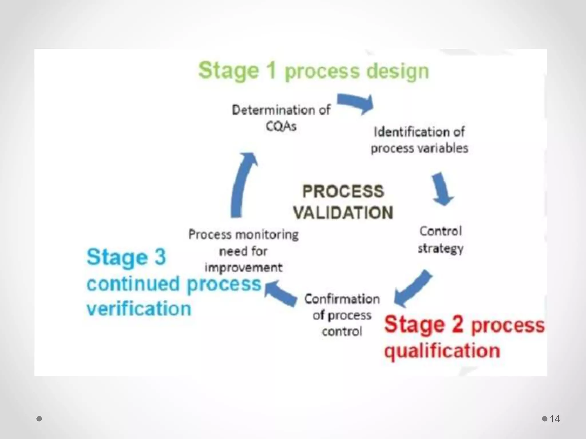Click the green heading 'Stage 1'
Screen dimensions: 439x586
[237, 70]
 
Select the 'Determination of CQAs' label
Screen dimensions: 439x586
[281, 118]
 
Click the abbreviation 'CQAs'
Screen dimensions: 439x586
[281, 126]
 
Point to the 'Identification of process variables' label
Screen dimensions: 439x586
[419, 140]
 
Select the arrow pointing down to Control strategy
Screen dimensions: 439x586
[442, 189]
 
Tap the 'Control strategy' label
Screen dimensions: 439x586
[441, 240]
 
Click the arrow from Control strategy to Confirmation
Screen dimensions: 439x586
[412, 289]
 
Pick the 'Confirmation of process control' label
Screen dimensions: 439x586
[342, 315]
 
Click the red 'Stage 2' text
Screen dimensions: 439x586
[424, 324]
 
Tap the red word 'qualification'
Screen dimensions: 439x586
[442, 351]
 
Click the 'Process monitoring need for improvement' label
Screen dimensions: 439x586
[243, 251]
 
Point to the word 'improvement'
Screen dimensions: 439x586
[243, 268]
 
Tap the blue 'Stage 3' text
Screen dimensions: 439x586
[126, 257]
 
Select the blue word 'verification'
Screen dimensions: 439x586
[139, 309]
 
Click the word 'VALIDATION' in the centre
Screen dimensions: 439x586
[343, 213]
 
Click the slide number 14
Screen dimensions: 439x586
[555, 419]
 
